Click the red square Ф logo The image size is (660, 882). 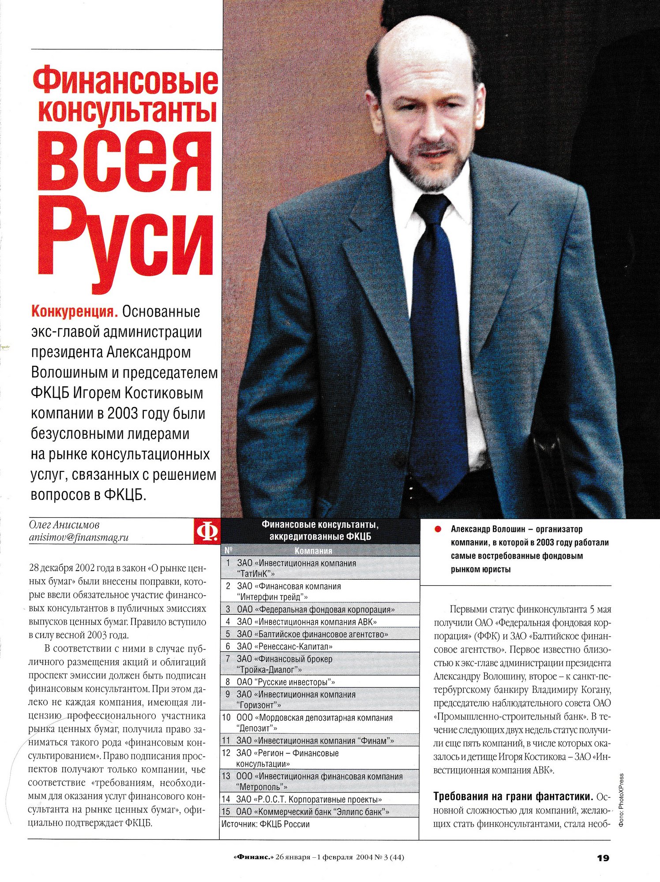tap(207, 531)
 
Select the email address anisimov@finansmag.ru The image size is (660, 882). tap(79, 538)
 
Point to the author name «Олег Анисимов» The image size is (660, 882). tap(64, 525)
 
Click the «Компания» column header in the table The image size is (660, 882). tap(313, 551)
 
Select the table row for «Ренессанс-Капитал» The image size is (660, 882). tap(285, 647)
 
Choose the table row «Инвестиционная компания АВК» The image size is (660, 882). tap(307, 622)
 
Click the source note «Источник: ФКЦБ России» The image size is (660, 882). tap(266, 824)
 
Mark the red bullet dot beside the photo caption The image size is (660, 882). tap(438, 529)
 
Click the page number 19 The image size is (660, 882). tap(603, 858)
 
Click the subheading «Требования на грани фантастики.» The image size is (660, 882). tap(513, 796)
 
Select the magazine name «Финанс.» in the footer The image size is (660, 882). tap(253, 858)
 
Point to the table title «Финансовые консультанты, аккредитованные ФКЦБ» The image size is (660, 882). tap(320, 531)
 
